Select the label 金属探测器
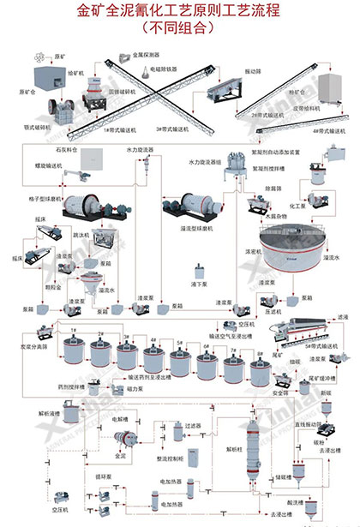[147, 55]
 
